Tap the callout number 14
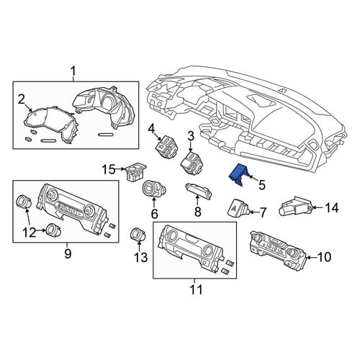(x=332, y=208)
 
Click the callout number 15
(x=109, y=170)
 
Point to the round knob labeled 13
(x=138, y=234)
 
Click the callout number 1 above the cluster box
(x=73, y=71)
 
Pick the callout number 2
(x=22, y=99)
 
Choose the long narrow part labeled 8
(x=199, y=191)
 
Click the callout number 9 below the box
(x=68, y=253)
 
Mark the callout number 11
(x=196, y=289)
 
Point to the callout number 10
(x=324, y=257)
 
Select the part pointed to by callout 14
(x=295, y=206)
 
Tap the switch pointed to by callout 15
(x=136, y=172)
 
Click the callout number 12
(x=30, y=233)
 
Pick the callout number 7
(x=263, y=212)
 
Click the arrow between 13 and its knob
(x=139, y=246)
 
